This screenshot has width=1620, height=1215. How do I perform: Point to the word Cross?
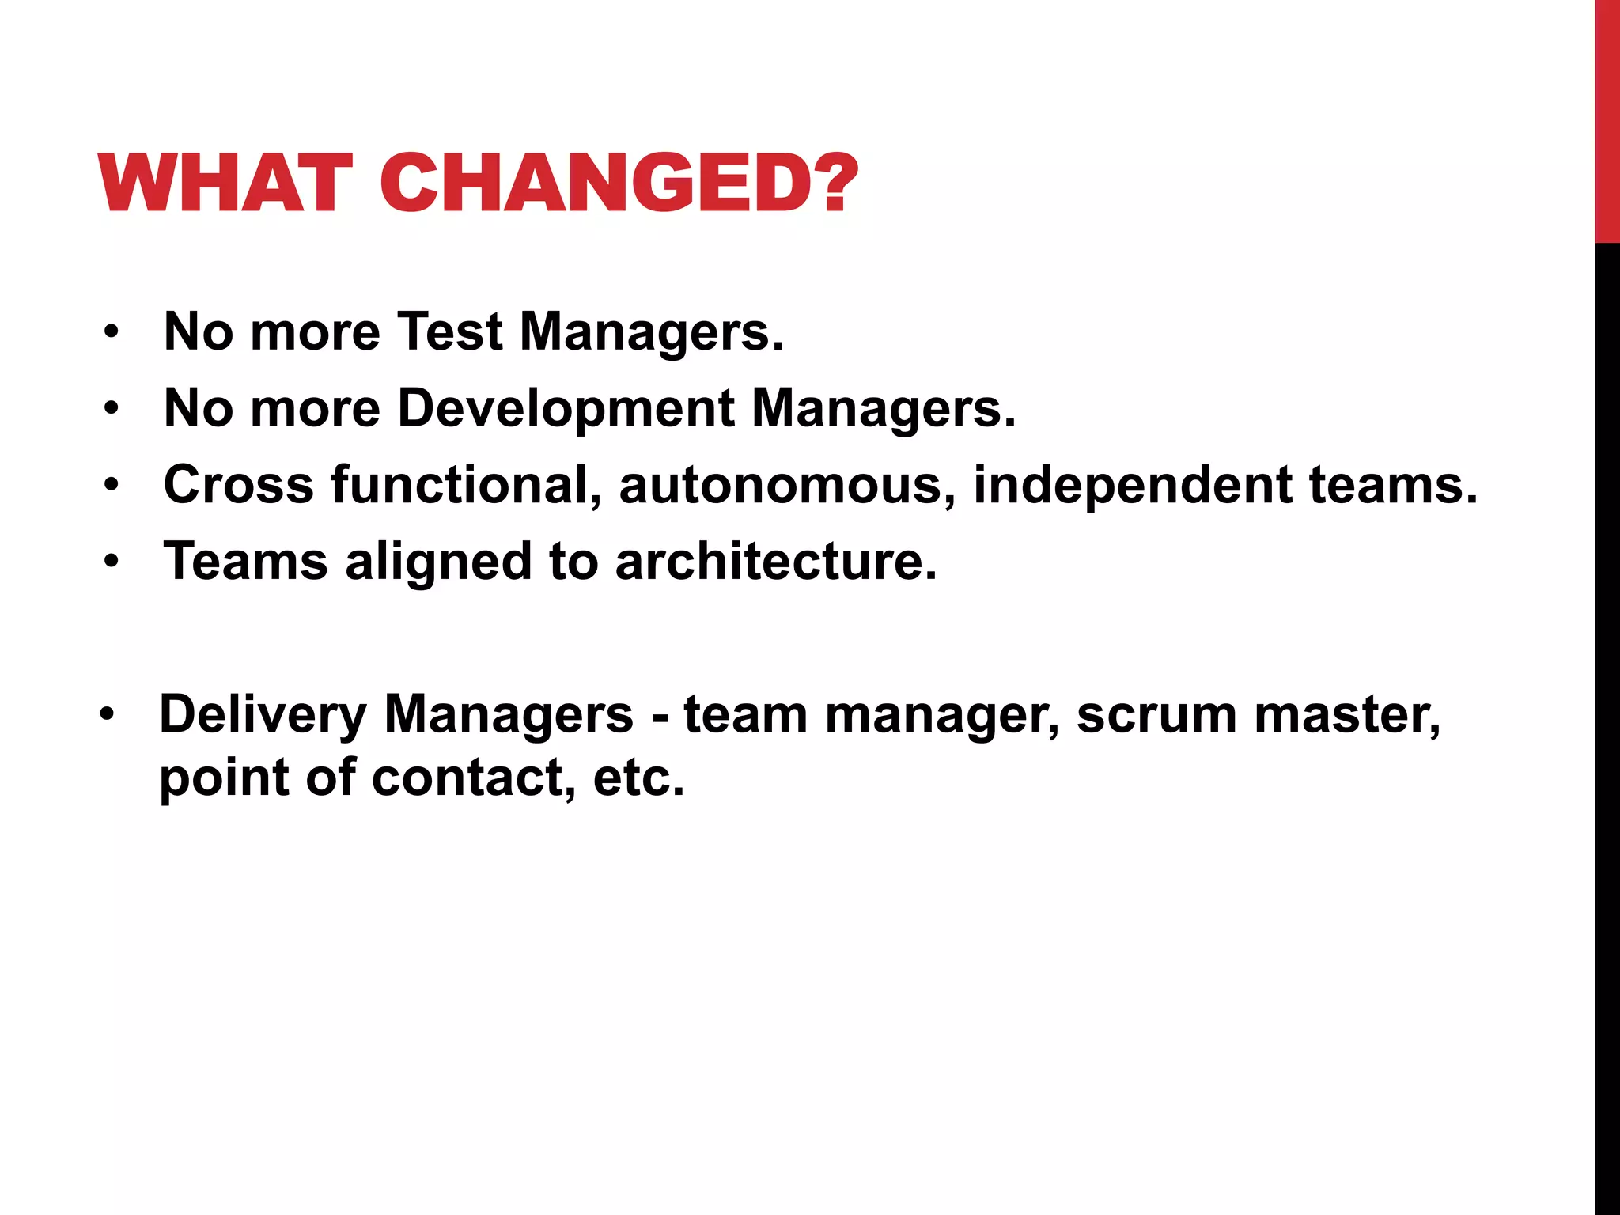click(238, 484)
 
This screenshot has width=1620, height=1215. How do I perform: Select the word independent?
click(1132, 484)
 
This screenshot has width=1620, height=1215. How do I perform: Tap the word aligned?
click(437, 562)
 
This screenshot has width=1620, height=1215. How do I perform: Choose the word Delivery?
click(263, 715)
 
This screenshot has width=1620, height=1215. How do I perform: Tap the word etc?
click(638, 778)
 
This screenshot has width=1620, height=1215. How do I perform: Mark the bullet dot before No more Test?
click(112, 332)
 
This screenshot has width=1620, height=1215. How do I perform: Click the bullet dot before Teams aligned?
click(112, 562)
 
